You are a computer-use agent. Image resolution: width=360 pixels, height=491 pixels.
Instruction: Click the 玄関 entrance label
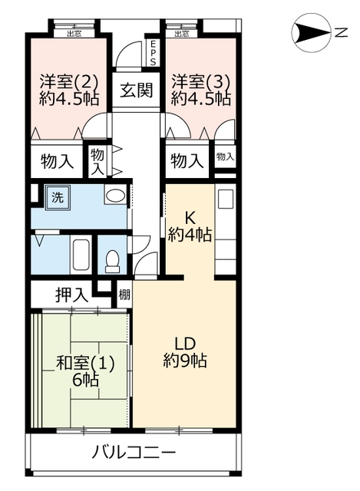[137, 91]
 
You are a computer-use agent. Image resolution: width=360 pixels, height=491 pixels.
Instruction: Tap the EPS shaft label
[153, 53]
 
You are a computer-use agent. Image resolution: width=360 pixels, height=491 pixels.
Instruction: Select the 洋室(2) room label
[69, 82]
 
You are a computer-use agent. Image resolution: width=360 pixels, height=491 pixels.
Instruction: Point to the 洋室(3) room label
[201, 82]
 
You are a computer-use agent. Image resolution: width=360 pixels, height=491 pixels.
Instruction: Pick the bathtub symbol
[81, 254]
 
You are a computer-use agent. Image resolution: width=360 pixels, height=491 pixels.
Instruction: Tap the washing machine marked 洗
[58, 198]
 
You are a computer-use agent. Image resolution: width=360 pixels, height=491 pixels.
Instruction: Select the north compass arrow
[311, 32]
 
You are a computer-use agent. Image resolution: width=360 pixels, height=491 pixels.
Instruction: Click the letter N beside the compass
[341, 32]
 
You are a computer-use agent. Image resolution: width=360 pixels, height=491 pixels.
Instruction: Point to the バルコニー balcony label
[134, 453]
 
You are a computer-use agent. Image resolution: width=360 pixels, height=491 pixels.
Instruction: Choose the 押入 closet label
[71, 295]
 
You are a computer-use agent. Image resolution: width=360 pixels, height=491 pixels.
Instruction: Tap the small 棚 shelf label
[124, 295]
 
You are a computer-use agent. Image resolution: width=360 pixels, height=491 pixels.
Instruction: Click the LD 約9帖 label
[185, 353]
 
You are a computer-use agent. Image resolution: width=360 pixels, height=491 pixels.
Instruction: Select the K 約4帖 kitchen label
[190, 227]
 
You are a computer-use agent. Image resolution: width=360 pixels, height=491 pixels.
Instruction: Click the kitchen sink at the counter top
[225, 199]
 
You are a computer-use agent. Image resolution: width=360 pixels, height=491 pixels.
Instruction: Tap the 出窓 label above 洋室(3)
[182, 34]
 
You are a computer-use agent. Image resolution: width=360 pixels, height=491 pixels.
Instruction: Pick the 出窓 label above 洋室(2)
[74, 34]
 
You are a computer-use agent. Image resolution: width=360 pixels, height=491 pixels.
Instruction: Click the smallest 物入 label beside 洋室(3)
[225, 157]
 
